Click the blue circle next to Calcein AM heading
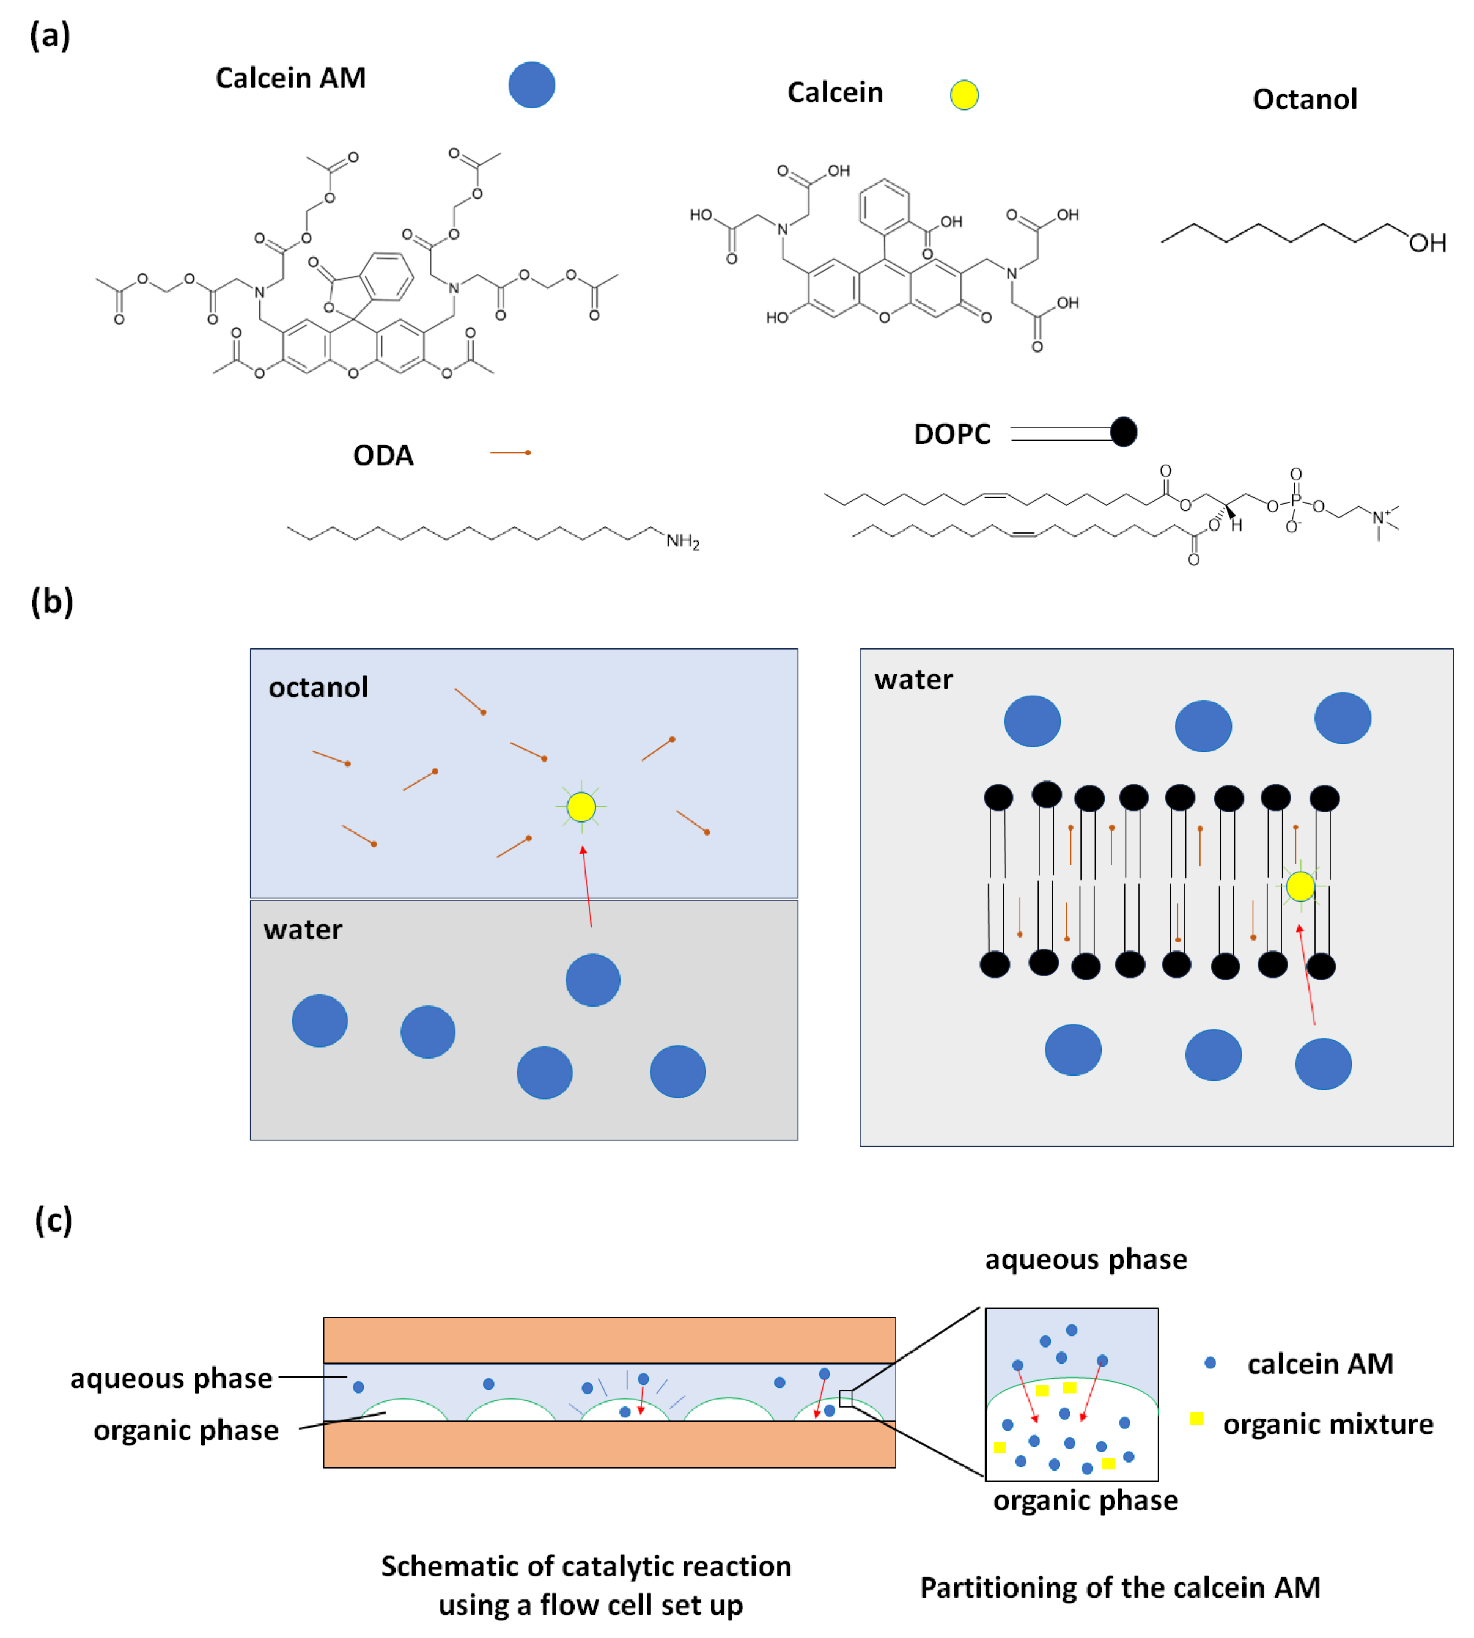(531, 85)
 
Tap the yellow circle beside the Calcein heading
(964, 95)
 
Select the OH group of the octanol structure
(1427, 243)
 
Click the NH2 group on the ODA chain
(682, 541)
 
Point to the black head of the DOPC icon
(1123, 432)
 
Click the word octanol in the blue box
(319, 688)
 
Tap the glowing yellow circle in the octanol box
(581, 806)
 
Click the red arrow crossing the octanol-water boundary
(587, 887)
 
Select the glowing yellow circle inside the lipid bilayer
(1300, 886)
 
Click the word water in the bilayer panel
(913, 679)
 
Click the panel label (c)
(53, 1220)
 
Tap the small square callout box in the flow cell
(846, 1398)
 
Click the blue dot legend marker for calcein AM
(1210, 1363)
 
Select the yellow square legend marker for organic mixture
(1196, 1418)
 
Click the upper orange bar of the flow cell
(609, 1340)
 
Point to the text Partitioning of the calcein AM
(1120, 1588)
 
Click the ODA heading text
(383, 455)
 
